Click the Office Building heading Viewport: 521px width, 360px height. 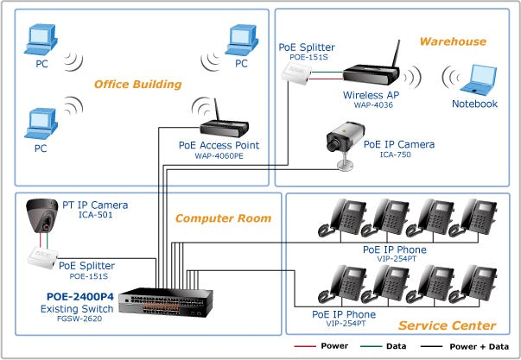click(137, 85)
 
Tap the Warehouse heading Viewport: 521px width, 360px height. click(453, 41)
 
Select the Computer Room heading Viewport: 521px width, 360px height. click(223, 218)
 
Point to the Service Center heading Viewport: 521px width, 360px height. click(447, 325)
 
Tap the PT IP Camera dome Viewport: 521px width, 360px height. click(41, 214)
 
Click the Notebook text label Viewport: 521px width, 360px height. click(475, 104)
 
